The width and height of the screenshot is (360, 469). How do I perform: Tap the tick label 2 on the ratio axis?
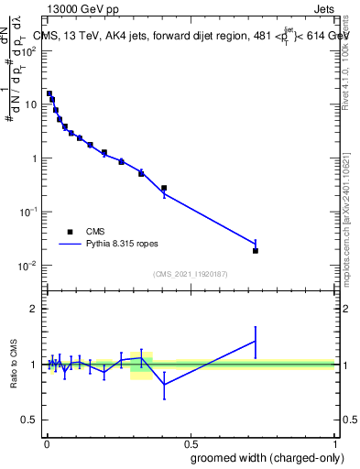34,309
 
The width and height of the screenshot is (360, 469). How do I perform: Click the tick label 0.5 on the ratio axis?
30,420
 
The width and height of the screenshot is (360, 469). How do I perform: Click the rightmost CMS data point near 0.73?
256,250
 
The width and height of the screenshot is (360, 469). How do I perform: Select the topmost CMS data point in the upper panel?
49,93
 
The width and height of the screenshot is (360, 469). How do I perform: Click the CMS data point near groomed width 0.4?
164,188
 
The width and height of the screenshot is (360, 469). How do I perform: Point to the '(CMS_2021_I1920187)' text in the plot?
190,274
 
